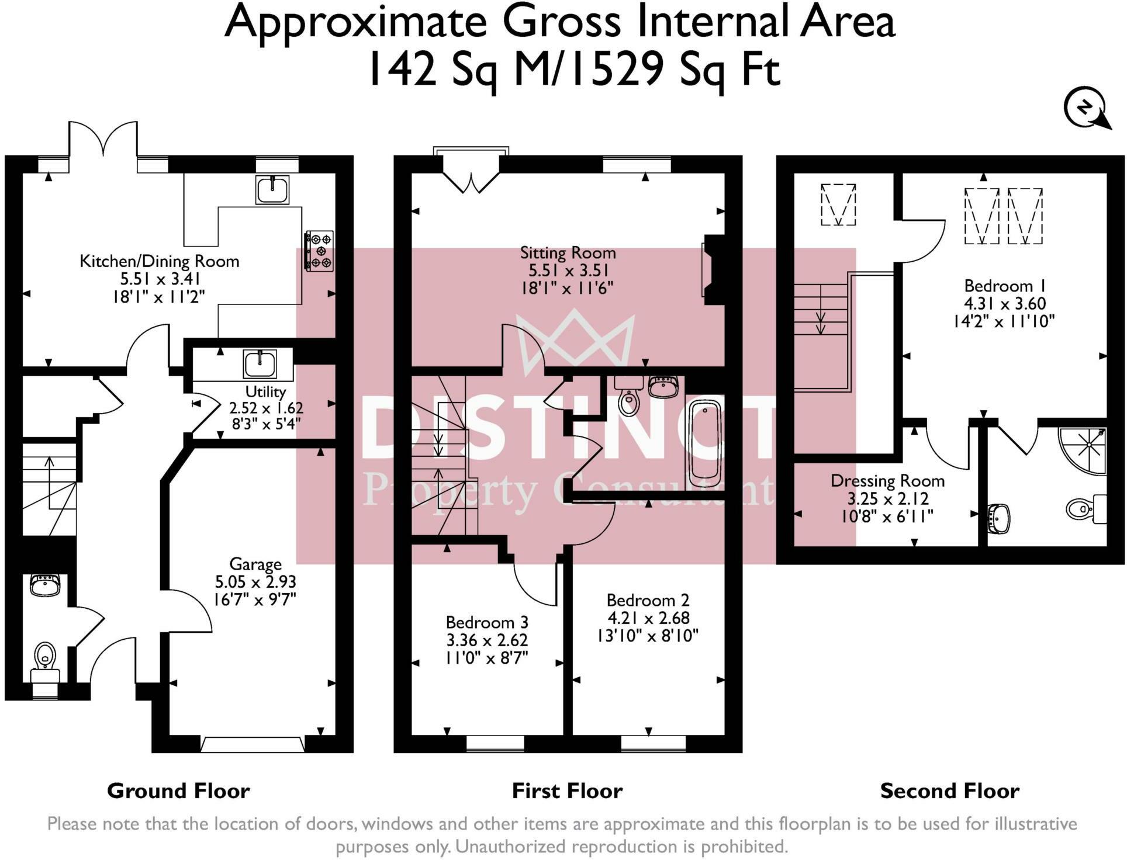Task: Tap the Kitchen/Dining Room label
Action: (x=160, y=261)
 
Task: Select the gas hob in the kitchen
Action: (x=319, y=251)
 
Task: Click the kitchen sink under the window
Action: (x=272, y=189)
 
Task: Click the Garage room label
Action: (x=255, y=564)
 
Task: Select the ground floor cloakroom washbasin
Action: (x=45, y=585)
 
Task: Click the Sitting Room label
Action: (x=568, y=253)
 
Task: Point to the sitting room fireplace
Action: (x=713, y=269)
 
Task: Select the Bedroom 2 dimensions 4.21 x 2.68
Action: (x=648, y=618)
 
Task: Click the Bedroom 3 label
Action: (x=487, y=622)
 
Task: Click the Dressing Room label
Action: (x=887, y=481)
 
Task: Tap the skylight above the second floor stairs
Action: (x=838, y=204)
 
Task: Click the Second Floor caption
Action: (x=949, y=791)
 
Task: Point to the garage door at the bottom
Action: (x=252, y=744)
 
